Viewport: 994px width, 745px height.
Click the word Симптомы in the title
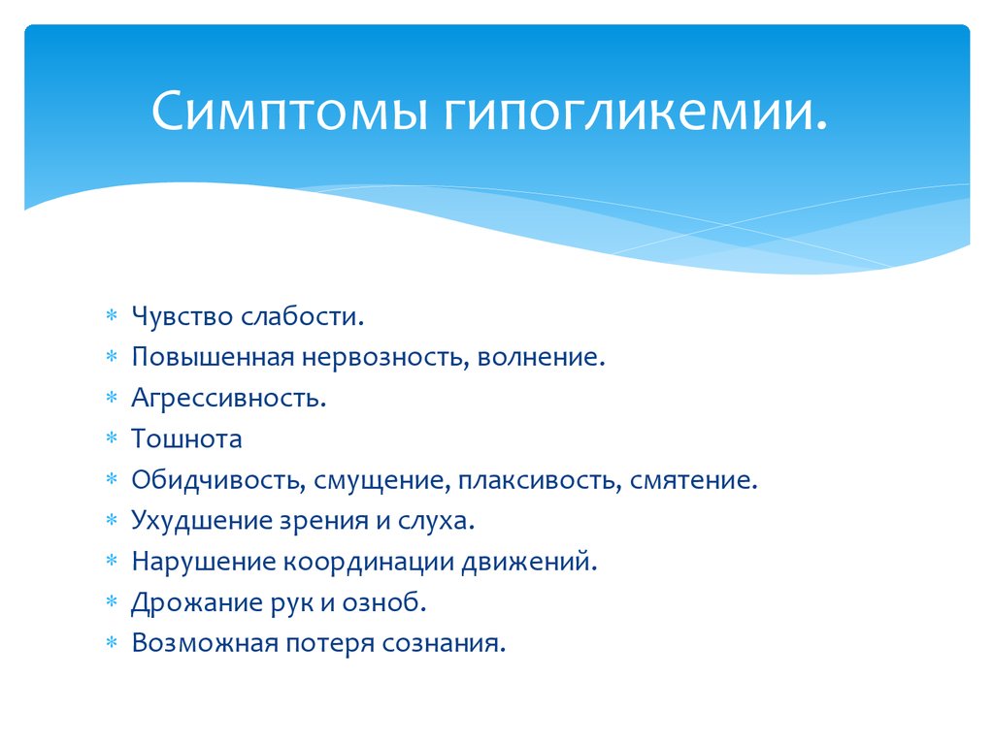click(289, 111)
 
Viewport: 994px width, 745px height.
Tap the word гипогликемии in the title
click(635, 111)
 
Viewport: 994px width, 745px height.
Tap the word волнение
click(542, 357)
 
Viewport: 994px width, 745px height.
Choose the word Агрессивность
click(229, 399)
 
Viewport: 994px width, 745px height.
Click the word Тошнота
click(186, 439)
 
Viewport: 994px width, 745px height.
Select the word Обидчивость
click(215, 480)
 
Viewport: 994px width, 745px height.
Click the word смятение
click(693, 480)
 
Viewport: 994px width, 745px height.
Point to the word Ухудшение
click(207, 521)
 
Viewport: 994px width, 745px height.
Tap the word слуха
click(436, 521)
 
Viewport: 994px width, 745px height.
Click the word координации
click(368, 562)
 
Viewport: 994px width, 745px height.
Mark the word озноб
click(384, 601)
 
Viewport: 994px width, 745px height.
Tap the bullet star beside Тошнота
click(112, 437)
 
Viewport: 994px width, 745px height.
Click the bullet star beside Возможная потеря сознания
click(112, 642)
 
